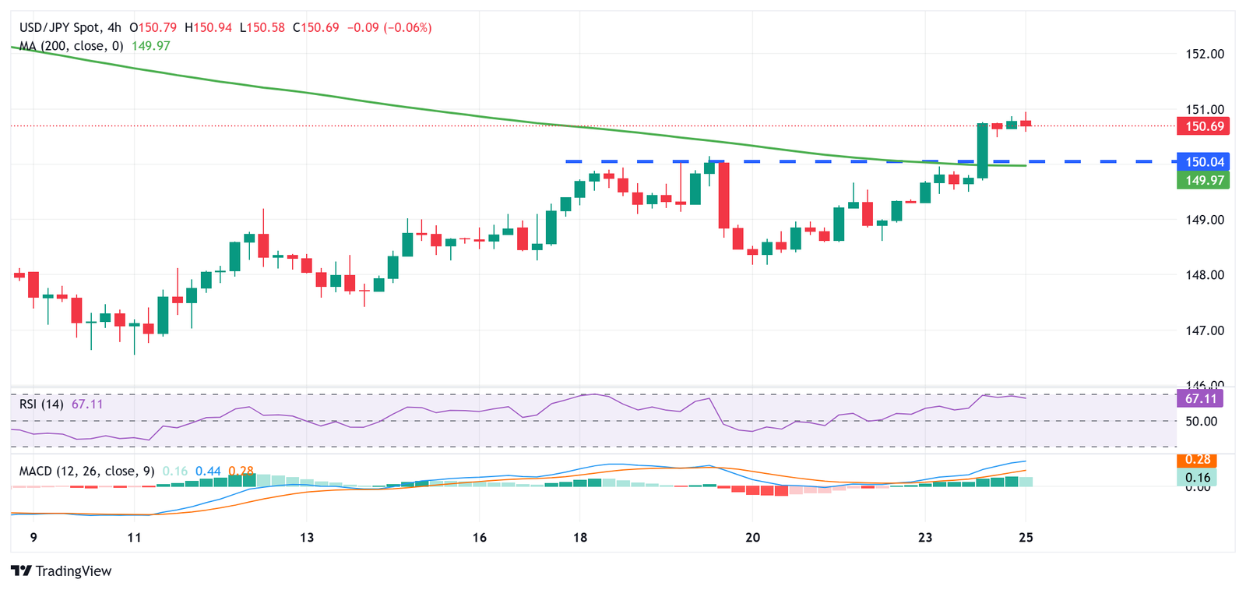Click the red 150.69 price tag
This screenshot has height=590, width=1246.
1204,126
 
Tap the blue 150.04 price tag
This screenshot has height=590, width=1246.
1204,162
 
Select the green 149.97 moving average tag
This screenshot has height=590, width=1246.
1204,181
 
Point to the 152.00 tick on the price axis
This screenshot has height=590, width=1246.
1204,54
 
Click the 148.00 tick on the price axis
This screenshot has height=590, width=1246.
1204,275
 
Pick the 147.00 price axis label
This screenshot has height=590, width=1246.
1204,330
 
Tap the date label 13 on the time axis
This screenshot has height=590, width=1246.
307,538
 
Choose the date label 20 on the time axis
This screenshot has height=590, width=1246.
752,538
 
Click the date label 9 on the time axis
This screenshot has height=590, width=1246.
33,538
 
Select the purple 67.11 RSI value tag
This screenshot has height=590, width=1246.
1200,399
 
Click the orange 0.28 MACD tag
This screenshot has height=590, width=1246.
1198,460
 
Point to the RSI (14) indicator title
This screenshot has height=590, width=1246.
41,404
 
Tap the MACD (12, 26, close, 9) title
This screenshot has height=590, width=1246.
86,471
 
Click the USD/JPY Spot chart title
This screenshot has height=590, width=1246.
71,27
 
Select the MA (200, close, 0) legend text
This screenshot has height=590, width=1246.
72,46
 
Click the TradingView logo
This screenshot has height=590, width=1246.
62,571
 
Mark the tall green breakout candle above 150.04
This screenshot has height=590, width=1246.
983,150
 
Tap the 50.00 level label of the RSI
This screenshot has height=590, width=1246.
1200,422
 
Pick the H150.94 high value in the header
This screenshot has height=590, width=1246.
209,27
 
